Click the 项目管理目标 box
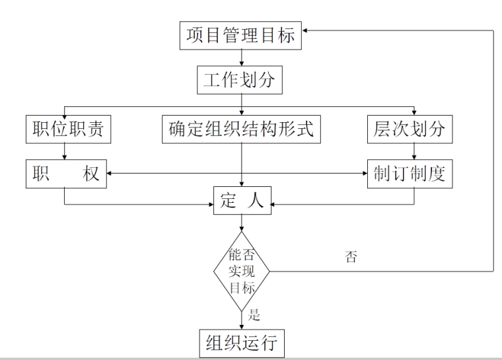240,35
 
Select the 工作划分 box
240,81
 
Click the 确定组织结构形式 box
241,129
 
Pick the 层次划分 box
410,129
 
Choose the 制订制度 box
410,173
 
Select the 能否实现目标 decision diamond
241,271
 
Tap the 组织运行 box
241,343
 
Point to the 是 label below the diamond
254,316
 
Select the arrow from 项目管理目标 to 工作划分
241,58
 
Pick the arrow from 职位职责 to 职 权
65,151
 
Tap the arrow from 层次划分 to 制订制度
414,151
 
